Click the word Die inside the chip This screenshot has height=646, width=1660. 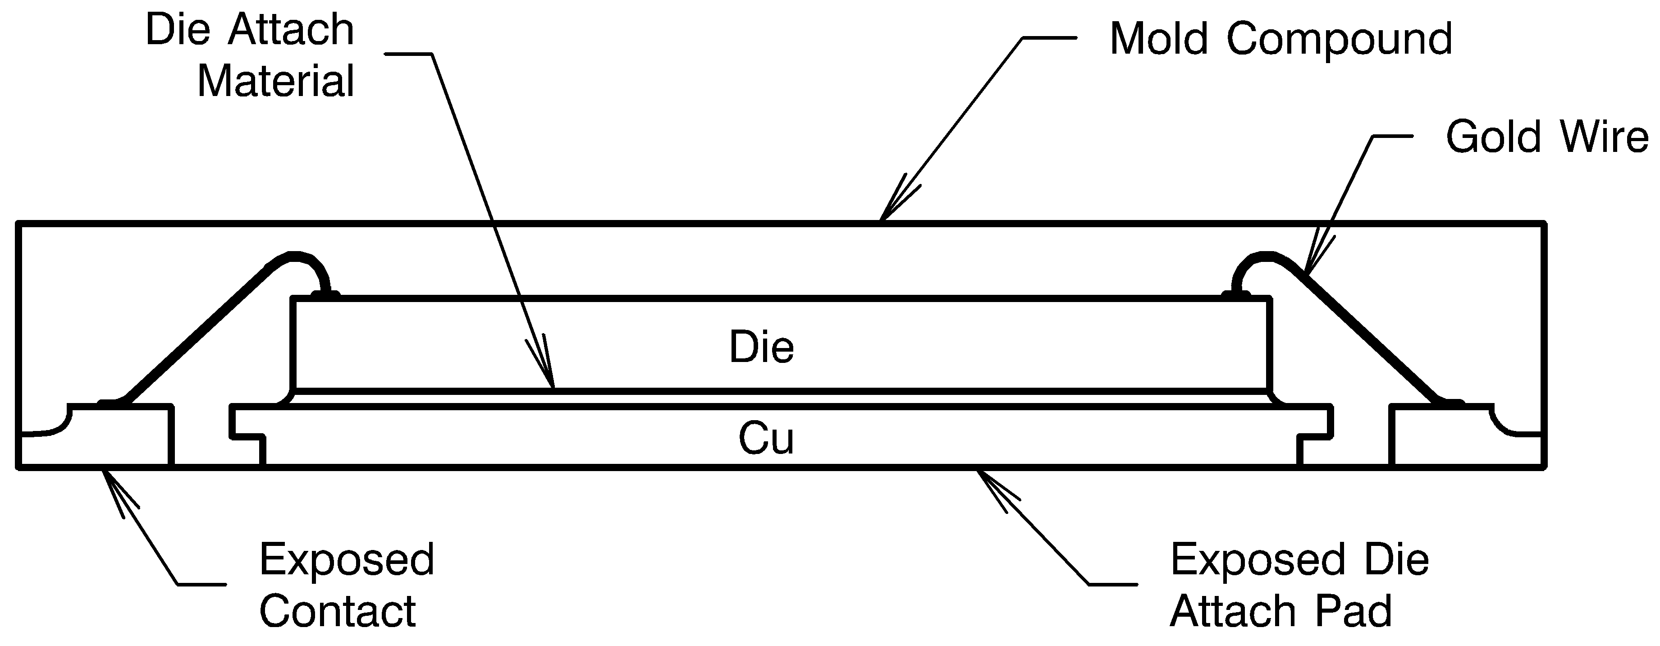click(x=761, y=347)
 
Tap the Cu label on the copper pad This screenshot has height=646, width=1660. click(x=766, y=438)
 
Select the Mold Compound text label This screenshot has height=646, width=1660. click(x=1280, y=39)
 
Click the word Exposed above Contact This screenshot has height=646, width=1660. click(x=347, y=559)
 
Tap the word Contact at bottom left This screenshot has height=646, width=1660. click(x=337, y=610)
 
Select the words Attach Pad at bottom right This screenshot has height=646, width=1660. click(x=1280, y=610)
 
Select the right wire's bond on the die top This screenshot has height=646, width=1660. click(x=1236, y=295)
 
